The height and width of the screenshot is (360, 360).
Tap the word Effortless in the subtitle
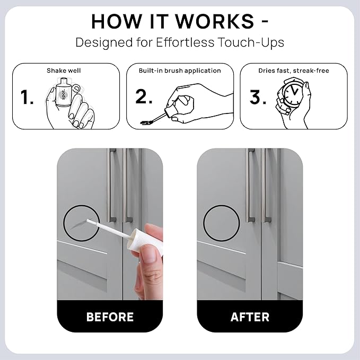(185, 42)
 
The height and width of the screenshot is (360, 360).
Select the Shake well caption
(64, 71)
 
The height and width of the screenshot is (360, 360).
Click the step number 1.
(27, 98)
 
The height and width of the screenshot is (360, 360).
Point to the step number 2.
(144, 96)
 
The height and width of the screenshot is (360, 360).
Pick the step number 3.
(258, 97)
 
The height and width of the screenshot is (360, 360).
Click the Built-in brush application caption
(180, 71)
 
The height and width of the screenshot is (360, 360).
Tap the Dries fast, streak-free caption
(294, 71)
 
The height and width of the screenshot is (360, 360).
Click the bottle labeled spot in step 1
(63, 93)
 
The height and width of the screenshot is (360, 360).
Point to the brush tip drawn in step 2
(146, 122)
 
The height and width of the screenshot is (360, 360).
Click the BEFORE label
(110, 317)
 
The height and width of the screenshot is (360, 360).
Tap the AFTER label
(250, 317)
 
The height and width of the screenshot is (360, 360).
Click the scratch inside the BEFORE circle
(78, 224)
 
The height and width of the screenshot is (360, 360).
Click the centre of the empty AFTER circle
(222, 223)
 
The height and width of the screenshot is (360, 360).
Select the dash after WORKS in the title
(265, 21)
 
